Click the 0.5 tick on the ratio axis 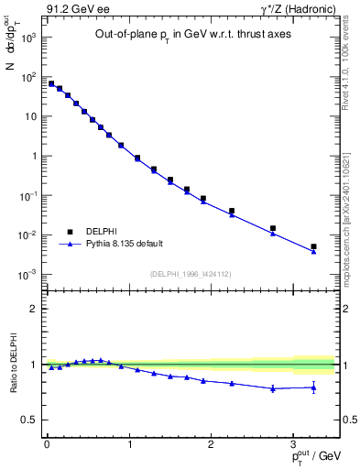click(x=29, y=420)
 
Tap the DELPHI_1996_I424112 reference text click(x=191, y=274)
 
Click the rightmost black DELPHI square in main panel click(x=313, y=246)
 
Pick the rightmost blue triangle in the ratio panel click(x=313, y=387)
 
